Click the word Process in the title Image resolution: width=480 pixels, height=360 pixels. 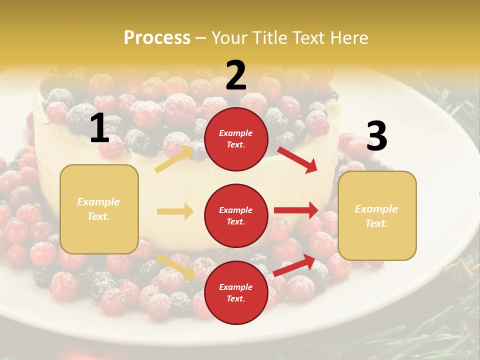pyautogui.click(x=157, y=37)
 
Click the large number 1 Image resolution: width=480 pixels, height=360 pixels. pyautogui.click(x=99, y=128)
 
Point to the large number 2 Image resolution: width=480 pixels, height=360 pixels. pyautogui.click(x=236, y=75)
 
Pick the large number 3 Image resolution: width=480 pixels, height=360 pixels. pyautogui.click(x=376, y=136)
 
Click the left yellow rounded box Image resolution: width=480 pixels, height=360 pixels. pyautogui.click(x=99, y=209)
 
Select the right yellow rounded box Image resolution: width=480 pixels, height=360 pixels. pyautogui.click(x=377, y=215)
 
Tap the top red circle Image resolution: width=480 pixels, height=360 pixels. pyautogui.click(x=236, y=139)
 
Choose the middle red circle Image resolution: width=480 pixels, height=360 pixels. pyautogui.click(x=236, y=215)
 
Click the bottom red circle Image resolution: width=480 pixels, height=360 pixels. pyautogui.click(x=236, y=292)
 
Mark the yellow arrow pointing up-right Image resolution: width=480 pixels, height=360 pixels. pyautogui.click(x=173, y=159)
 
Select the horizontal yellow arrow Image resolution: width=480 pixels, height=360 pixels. pyautogui.click(x=175, y=211)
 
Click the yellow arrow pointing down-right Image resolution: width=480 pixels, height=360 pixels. pyautogui.click(x=175, y=266)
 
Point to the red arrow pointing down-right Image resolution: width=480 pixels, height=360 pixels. pyautogui.click(x=297, y=159)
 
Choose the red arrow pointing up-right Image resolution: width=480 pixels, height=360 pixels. pyautogui.click(x=294, y=265)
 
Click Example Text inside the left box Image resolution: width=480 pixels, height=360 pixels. pyautogui.click(x=98, y=209)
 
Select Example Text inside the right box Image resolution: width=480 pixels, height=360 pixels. pyautogui.click(x=376, y=216)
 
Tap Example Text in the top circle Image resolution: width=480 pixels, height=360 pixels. pyautogui.click(x=236, y=139)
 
